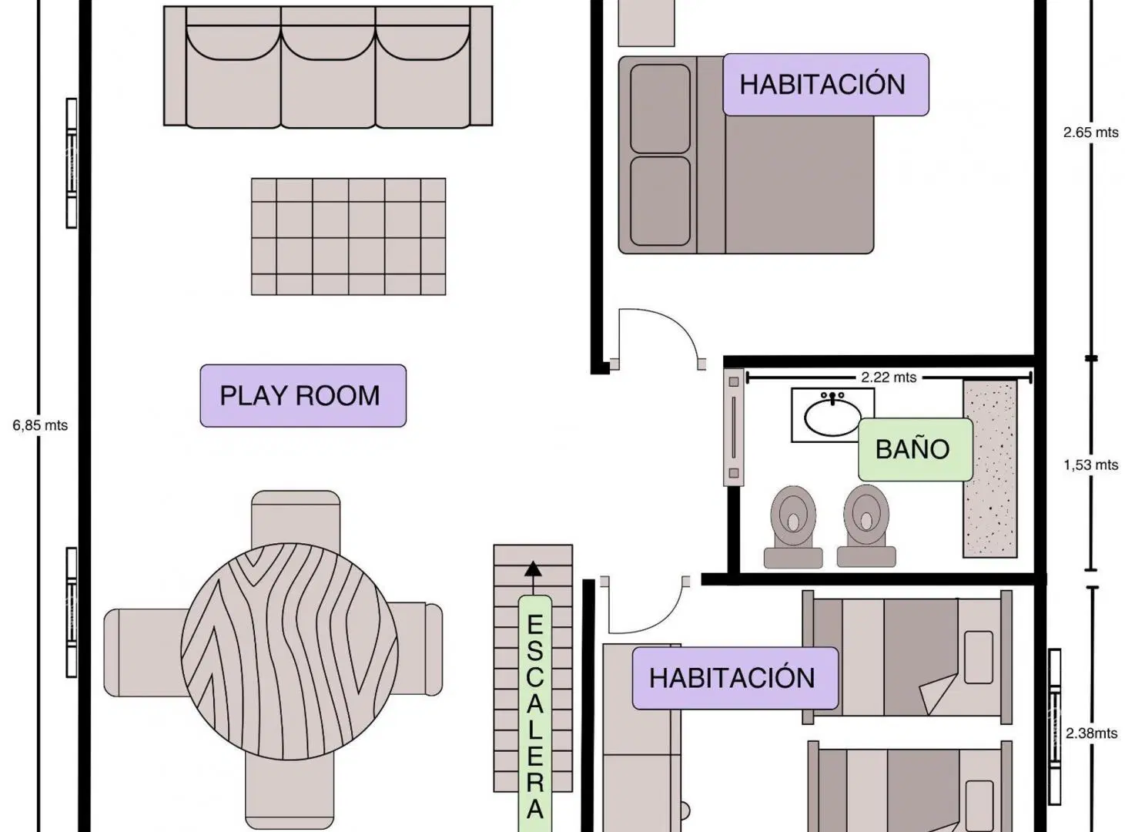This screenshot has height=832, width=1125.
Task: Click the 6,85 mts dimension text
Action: pos(40,425)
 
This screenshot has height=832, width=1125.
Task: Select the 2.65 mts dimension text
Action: pos(1090,133)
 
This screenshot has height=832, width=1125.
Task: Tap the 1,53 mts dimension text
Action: pos(1090,465)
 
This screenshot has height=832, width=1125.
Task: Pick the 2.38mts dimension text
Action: pos(1091,733)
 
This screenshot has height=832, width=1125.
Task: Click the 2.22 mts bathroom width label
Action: pos(889,377)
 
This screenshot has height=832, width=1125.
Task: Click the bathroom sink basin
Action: pos(832,418)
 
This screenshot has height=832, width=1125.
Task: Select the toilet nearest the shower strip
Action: pos(866,526)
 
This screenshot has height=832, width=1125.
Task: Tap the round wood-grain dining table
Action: pos(289,651)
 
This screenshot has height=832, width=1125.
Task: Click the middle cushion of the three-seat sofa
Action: pos(328,75)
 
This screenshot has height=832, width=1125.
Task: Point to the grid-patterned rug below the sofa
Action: pos(349,236)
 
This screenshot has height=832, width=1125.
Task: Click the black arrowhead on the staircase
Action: pos(533,569)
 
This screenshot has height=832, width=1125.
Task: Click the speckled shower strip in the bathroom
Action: pos(990,468)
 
